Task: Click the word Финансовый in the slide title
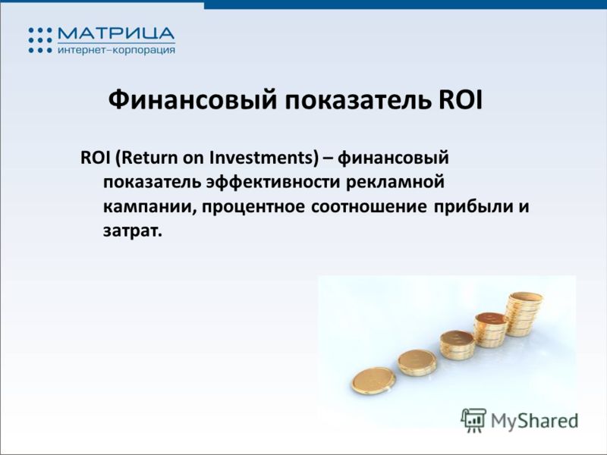click(x=193, y=100)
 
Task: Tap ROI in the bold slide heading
click(x=461, y=100)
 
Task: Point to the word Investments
click(x=263, y=158)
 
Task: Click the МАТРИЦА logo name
click(x=116, y=33)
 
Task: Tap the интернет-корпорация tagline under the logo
click(x=116, y=50)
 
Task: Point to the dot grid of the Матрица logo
click(x=40, y=40)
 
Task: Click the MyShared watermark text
click(x=535, y=421)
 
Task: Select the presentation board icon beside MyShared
click(x=473, y=420)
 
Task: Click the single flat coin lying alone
click(x=373, y=381)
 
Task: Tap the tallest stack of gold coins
click(x=525, y=314)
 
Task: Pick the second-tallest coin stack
click(x=490, y=330)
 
